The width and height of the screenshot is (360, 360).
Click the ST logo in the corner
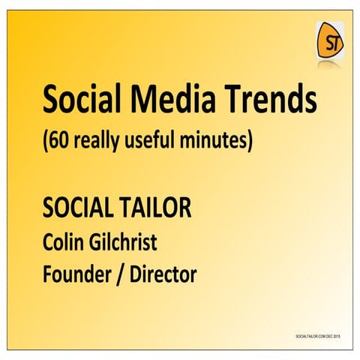coord(329,41)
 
